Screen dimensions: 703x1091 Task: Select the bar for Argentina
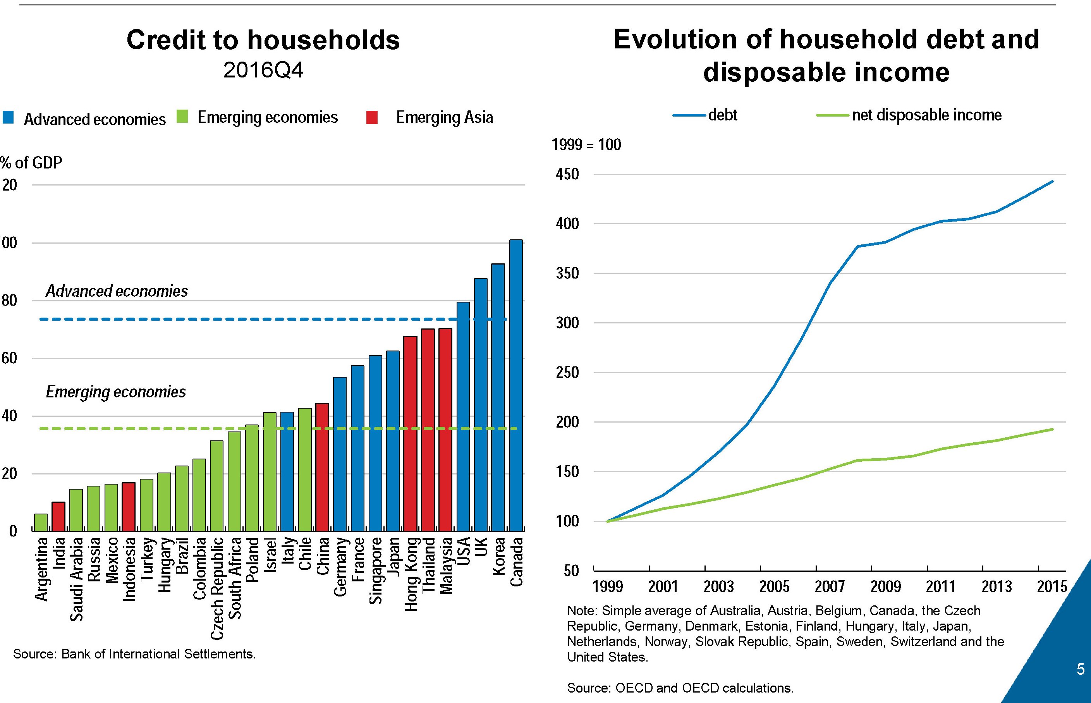41,522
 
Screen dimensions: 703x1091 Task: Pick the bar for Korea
498,397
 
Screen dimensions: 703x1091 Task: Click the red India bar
58,516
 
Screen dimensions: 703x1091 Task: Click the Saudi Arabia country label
76,579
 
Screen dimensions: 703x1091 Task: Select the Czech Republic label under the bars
217,588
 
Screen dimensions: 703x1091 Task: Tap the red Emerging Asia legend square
372,117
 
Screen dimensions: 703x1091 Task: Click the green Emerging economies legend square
182,117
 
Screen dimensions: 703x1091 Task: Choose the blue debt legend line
689,115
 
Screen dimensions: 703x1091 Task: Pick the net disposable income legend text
926,115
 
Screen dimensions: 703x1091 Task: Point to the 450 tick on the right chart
567,174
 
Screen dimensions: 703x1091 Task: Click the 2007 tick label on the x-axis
830,586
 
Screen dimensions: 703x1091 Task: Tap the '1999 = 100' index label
586,145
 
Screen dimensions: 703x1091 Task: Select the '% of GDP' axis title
31,163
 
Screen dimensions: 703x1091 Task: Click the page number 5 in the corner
1081,669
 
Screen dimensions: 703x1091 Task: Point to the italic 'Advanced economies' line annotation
117,291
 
